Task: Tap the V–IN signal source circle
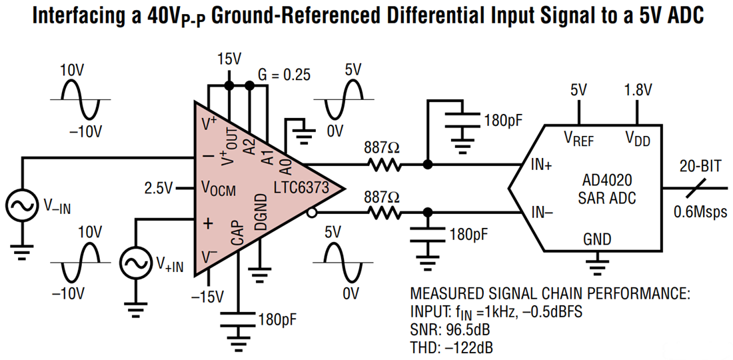click(x=21, y=207)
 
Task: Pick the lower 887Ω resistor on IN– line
click(x=382, y=213)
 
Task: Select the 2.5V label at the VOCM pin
click(x=159, y=188)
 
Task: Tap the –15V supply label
click(x=209, y=297)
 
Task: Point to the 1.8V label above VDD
click(x=638, y=90)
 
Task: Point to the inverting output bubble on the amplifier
click(x=311, y=213)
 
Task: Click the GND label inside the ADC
click(x=597, y=239)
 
